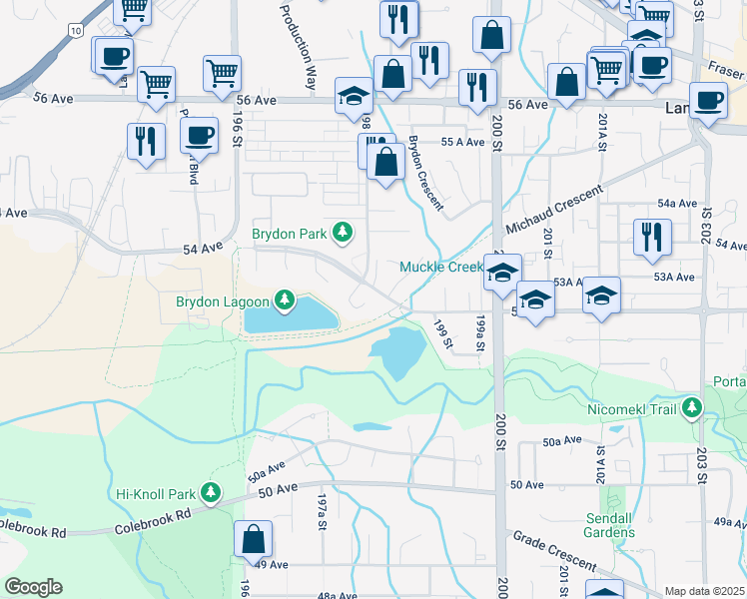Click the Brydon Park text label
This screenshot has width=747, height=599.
point(290,234)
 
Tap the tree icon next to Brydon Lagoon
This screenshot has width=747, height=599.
point(286,299)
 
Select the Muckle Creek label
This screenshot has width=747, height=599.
point(440,267)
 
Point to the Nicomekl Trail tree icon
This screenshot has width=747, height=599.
point(691,408)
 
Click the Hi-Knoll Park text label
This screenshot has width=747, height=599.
point(156,492)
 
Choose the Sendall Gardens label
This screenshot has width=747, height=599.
point(609,525)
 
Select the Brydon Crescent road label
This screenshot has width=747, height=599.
point(424,172)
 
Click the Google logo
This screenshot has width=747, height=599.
point(33,587)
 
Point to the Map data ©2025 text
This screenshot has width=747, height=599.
point(703,591)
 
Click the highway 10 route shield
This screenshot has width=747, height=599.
point(75,32)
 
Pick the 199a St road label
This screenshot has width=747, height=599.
point(479,333)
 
